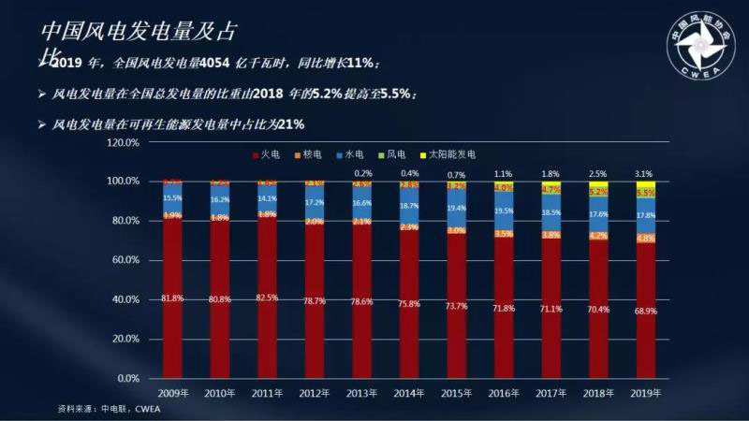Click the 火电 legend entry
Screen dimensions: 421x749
(x=271, y=153)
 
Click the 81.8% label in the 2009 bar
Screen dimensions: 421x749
(x=172, y=298)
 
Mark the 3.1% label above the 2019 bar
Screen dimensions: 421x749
(x=643, y=174)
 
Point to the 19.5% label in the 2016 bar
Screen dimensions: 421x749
(x=503, y=211)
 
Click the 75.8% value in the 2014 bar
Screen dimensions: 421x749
(x=408, y=302)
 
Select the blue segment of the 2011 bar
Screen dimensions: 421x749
(x=267, y=198)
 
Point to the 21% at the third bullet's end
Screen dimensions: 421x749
(x=291, y=123)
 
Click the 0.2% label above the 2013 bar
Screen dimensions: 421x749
(x=361, y=174)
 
